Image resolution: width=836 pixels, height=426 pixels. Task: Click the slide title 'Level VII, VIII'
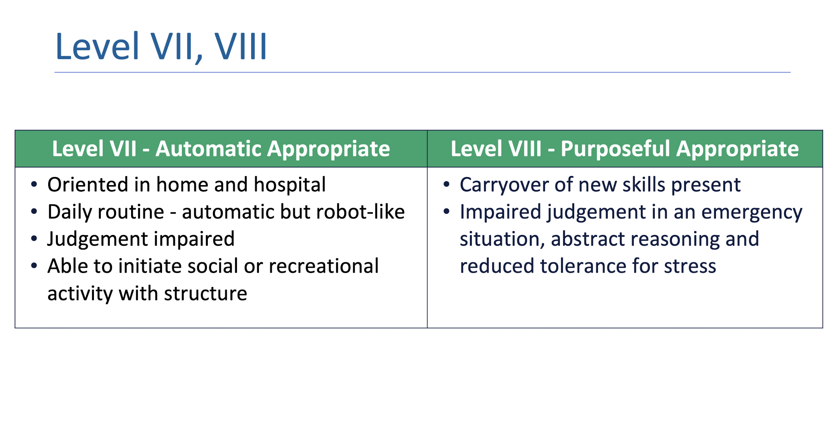(x=161, y=46)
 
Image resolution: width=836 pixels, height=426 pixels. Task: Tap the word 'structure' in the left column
(x=205, y=294)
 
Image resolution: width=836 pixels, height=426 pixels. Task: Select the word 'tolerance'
(x=583, y=266)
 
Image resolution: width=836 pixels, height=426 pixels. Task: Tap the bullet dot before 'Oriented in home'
(x=34, y=184)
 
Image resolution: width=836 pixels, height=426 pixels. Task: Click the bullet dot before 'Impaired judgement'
(x=446, y=212)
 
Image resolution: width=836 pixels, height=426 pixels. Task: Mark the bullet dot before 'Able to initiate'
(x=34, y=266)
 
